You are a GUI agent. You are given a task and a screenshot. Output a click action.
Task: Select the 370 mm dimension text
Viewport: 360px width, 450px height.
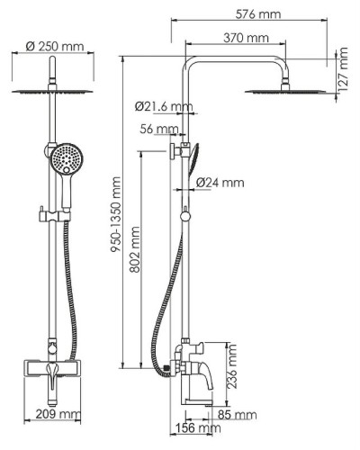point(245,38)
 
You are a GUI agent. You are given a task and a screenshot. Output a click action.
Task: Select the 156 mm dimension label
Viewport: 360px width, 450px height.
point(192,429)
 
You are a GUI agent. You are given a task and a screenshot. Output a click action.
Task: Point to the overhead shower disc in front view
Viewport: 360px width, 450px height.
point(54,94)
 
